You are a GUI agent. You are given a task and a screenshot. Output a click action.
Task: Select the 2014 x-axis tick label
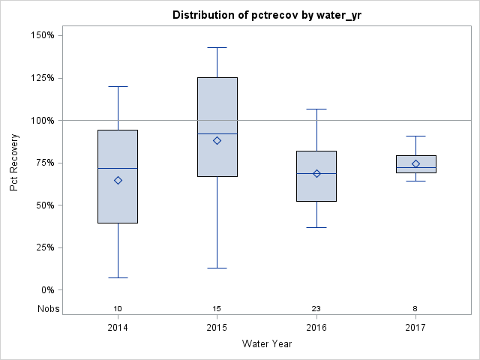tap(118, 328)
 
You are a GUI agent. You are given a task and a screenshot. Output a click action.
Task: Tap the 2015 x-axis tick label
tap(217, 328)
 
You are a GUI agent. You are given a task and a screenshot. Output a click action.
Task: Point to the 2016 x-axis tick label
tap(316, 328)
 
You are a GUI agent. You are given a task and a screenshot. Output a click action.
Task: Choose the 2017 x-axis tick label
tap(415, 328)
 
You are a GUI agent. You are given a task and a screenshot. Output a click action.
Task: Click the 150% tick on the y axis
tap(42, 35)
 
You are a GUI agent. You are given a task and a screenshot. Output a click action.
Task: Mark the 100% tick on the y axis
tap(42, 120)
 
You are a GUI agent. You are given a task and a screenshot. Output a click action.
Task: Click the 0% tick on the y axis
tap(46, 290)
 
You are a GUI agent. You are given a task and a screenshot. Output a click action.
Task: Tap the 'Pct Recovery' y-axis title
tap(15, 163)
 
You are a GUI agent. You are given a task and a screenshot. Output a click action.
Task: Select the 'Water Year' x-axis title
tap(266, 344)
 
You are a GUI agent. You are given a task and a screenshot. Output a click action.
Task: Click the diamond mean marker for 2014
tap(118, 180)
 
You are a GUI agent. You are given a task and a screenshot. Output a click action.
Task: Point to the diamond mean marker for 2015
tap(217, 140)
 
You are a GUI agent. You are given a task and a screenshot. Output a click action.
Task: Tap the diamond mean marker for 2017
tap(415, 163)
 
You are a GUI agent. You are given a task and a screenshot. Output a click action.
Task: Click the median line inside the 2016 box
tap(316, 173)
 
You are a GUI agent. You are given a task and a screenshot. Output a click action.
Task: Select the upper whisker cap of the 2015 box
tap(217, 47)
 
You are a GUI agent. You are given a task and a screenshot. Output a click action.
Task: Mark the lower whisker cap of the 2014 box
tap(118, 277)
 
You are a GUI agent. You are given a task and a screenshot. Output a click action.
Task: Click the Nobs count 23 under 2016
tap(316, 309)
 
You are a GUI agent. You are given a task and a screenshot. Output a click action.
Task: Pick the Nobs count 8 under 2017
tap(415, 309)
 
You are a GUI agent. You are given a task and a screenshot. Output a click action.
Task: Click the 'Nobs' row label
tap(48, 309)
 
